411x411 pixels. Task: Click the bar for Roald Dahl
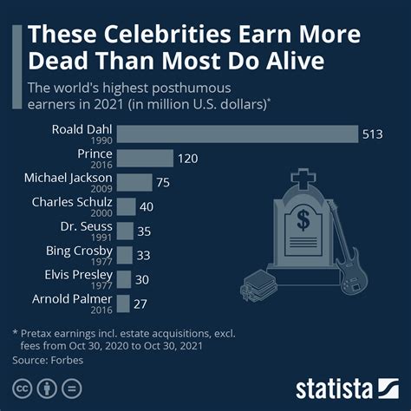(x=237, y=134)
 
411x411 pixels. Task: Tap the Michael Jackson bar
(x=134, y=182)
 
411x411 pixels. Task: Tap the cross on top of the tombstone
(x=303, y=179)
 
